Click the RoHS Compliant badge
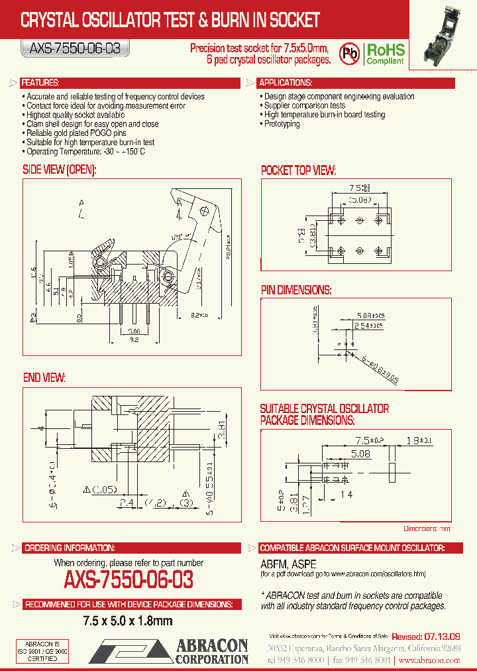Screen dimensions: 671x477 pyautogui.click(x=386, y=53)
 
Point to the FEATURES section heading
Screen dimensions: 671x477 pyautogui.click(x=40, y=83)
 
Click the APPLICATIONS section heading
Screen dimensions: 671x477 pyautogui.click(x=286, y=83)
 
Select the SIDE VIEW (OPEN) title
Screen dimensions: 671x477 pyautogui.click(x=60, y=170)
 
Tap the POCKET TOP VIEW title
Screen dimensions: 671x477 pyautogui.click(x=298, y=170)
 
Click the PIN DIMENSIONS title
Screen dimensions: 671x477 pyautogui.click(x=295, y=290)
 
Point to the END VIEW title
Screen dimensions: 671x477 pyautogui.click(x=44, y=377)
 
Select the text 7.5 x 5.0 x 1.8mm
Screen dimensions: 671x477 pyautogui.click(x=128, y=621)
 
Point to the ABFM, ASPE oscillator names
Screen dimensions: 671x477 pyautogui.click(x=284, y=563)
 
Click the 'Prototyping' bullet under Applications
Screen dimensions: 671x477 pyautogui.click(x=282, y=124)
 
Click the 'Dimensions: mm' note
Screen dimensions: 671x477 pyautogui.click(x=427, y=528)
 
